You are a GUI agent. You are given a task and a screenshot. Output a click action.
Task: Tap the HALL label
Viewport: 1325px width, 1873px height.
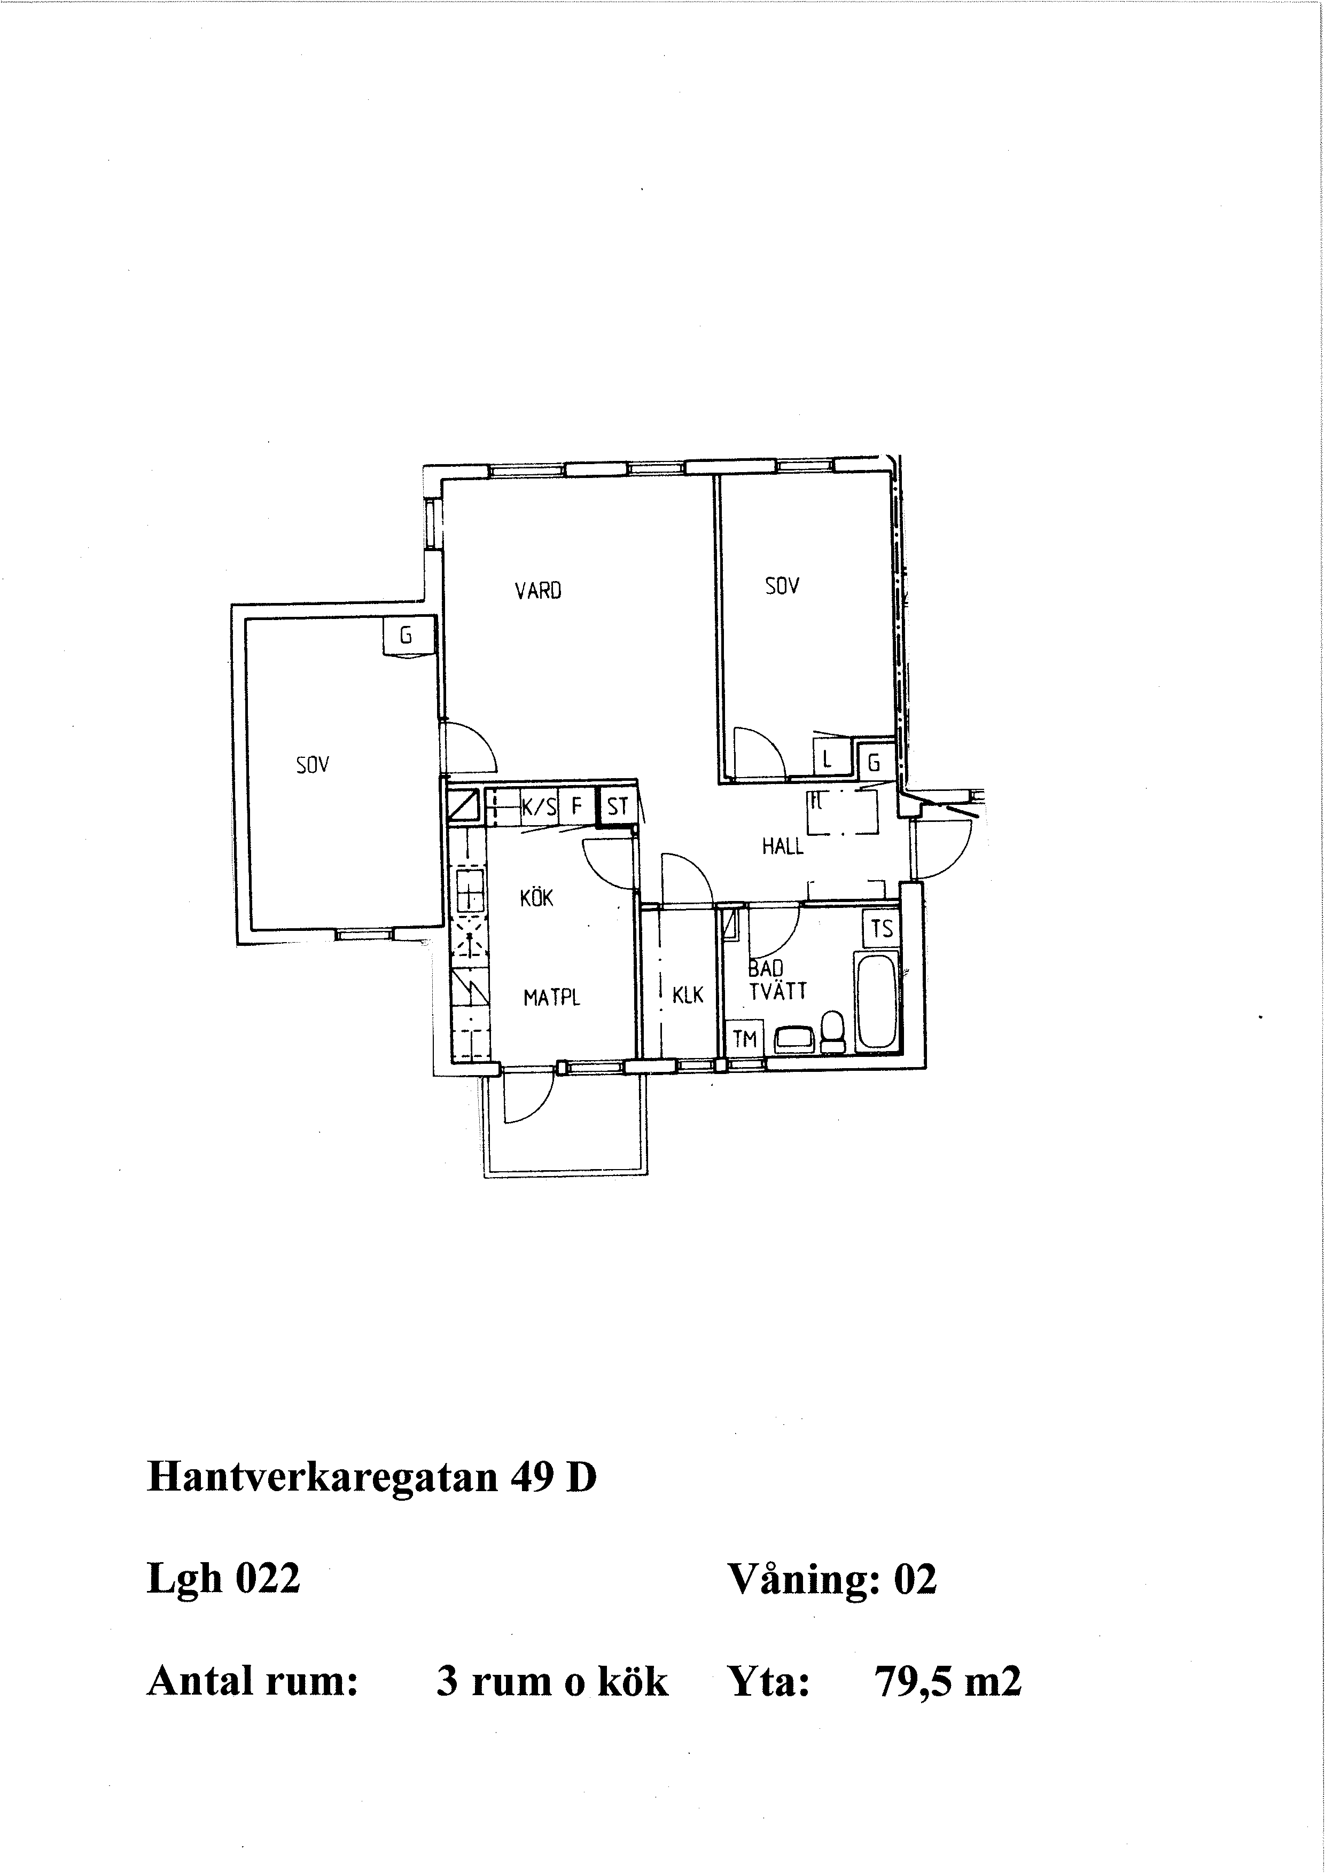[x=782, y=847]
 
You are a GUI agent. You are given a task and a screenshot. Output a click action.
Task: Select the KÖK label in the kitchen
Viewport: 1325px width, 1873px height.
[x=537, y=898]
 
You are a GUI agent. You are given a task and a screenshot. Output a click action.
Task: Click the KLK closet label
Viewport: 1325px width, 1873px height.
[x=688, y=995]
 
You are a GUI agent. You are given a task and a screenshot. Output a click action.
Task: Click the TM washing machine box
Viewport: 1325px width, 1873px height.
[x=745, y=1038]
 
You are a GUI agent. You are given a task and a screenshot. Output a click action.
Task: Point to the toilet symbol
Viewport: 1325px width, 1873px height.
[x=833, y=1031]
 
